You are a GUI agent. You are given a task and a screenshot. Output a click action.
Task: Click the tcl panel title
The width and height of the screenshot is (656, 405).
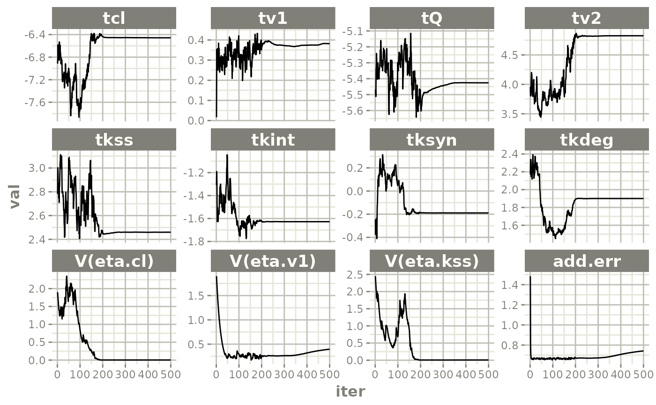(114, 18)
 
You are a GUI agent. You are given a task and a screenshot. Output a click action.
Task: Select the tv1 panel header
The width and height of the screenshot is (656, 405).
(273, 18)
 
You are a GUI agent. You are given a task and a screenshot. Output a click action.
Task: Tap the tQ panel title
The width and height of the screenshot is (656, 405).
(432, 18)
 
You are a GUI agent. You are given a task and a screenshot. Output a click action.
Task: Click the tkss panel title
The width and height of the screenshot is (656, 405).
(114, 140)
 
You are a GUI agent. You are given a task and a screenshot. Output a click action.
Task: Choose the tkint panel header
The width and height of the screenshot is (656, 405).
(273, 140)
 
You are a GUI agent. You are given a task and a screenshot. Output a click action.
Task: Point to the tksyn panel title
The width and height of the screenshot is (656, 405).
(432, 140)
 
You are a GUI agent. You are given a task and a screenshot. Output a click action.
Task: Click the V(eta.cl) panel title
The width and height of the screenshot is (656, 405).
(114, 261)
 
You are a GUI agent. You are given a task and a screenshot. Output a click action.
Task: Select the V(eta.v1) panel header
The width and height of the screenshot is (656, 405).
(273, 261)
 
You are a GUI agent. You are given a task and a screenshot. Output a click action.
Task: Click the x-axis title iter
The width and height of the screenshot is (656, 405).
(350, 391)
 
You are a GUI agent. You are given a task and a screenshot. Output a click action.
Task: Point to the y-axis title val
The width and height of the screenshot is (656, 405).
(15, 196)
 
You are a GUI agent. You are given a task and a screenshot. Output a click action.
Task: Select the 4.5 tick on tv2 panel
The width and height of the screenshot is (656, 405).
(514, 55)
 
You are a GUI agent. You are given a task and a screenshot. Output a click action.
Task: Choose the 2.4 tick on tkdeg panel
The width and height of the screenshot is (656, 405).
(514, 154)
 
